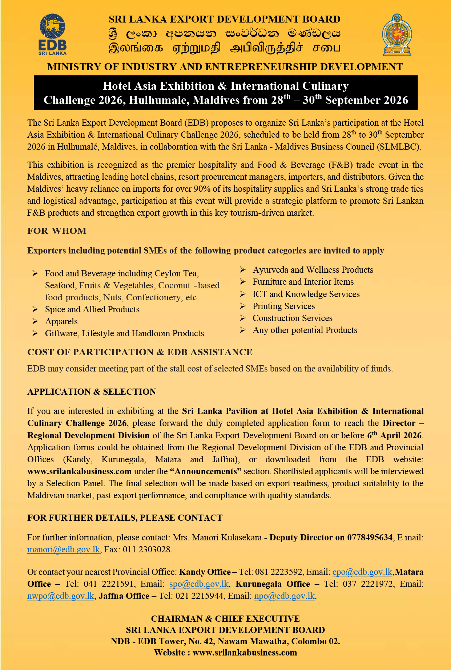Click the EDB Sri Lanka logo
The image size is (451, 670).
pyautogui.click(x=52, y=34)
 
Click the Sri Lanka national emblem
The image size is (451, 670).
pyautogui.click(x=397, y=35)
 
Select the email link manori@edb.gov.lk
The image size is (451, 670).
pyautogui.click(x=63, y=549)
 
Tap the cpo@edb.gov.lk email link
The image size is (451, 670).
pyautogui.click(x=362, y=572)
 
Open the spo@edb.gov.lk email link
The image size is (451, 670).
pyautogui.click(x=199, y=584)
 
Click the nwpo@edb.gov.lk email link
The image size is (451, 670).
pyautogui.click(x=61, y=596)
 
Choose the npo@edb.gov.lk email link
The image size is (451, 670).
pyautogui.click(x=284, y=596)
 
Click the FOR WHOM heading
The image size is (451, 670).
pyautogui.click(x=57, y=231)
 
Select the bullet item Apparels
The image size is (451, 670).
pyautogui.click(x=61, y=321)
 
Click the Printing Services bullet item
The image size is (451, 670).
pyautogui.click(x=283, y=306)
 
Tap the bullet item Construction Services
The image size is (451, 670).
pyautogui.click(x=292, y=318)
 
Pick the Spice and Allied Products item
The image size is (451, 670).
pyautogui.click(x=92, y=309)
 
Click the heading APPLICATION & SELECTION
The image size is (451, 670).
pyautogui.click(x=92, y=392)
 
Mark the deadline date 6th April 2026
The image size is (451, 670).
pyautogui.click(x=395, y=435)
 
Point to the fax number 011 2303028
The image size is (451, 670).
pyautogui.click(x=146, y=549)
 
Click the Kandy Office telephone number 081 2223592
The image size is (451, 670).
pyautogui.click(x=278, y=572)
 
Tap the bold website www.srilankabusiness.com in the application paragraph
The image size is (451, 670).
pyautogui.click(x=79, y=471)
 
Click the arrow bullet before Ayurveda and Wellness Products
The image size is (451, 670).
pyautogui.click(x=243, y=270)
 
